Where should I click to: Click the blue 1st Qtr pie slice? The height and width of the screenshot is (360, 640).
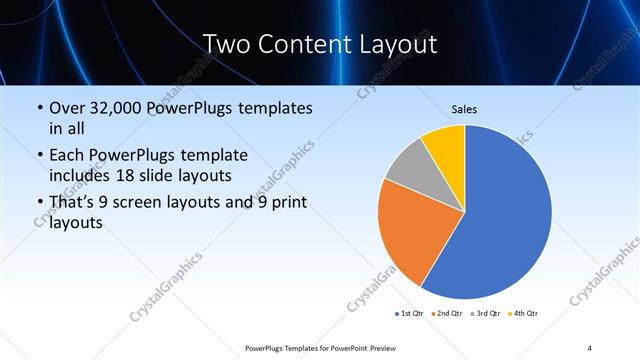pos(505,215)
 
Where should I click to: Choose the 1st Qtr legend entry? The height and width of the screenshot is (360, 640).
pos(410,314)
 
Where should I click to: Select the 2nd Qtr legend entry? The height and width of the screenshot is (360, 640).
pos(446,314)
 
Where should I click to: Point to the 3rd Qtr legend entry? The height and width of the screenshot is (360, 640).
pos(484,314)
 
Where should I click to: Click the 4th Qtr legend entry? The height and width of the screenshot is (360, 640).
pos(523,314)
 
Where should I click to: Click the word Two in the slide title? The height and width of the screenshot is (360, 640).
pos(228,44)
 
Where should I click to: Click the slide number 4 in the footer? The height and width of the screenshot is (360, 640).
pos(589,347)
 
